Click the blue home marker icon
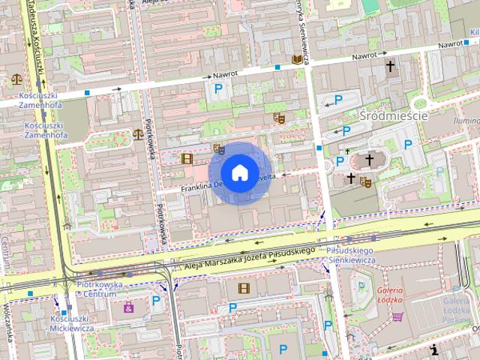pyautogui.click(x=238, y=172)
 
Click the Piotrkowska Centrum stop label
pyautogui.click(x=100, y=289)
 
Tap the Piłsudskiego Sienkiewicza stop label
pyautogui.click(x=350, y=254)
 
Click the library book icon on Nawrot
pyautogui.click(x=297, y=58)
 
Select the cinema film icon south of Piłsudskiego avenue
pyautogui.click(x=244, y=287)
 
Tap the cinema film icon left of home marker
pyautogui.click(x=187, y=158)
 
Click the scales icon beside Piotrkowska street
pyautogui.click(x=138, y=133)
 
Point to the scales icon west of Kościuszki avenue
pyautogui.click(x=16, y=78)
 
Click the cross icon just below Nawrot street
pyautogui.click(x=389, y=67)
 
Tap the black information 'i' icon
pyautogui.click(x=434, y=349)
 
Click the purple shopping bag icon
pyautogui.click(x=128, y=307)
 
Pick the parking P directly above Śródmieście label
pyautogui.click(x=338, y=100)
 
